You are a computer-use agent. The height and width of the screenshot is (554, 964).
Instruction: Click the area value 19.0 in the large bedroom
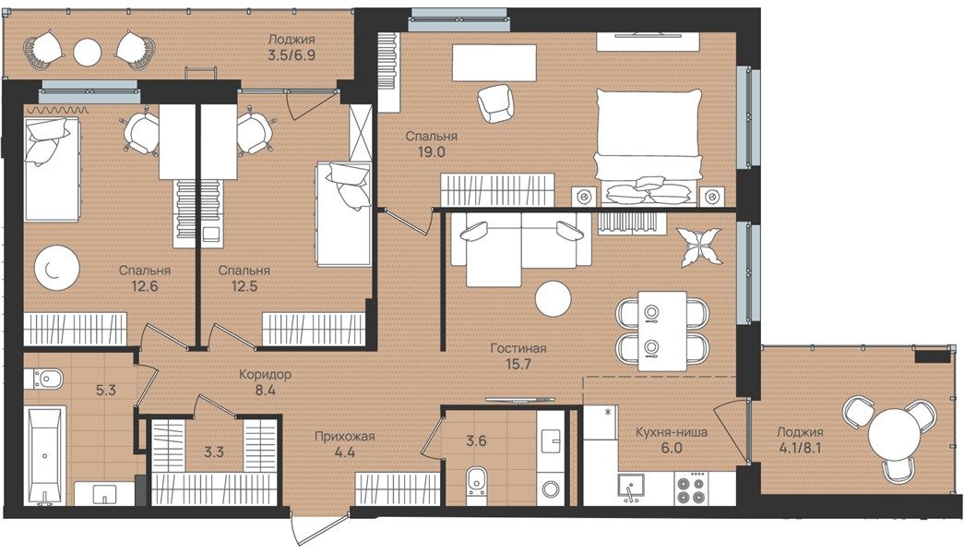(431, 152)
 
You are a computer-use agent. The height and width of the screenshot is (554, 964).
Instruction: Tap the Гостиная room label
(518, 348)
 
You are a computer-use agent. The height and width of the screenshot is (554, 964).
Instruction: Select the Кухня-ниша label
(672, 432)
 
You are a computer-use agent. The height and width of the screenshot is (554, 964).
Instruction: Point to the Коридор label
(265, 374)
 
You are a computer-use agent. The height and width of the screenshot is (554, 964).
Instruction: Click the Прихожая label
(344, 437)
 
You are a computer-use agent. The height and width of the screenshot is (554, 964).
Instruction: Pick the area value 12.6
(145, 286)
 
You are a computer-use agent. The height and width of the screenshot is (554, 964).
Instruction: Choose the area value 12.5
(244, 286)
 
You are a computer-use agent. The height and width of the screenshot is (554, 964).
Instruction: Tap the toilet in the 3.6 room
(476, 481)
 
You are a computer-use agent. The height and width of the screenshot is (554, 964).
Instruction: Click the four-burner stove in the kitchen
(691, 488)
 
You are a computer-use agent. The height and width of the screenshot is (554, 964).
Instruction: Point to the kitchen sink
(631, 488)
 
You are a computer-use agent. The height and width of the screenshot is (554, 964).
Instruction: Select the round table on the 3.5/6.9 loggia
(88, 53)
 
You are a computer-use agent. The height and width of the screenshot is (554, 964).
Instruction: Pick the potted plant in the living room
(699, 247)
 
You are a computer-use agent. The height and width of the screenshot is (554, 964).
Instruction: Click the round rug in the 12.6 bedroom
(56, 268)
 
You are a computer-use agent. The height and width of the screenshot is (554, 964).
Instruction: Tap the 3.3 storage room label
(214, 452)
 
